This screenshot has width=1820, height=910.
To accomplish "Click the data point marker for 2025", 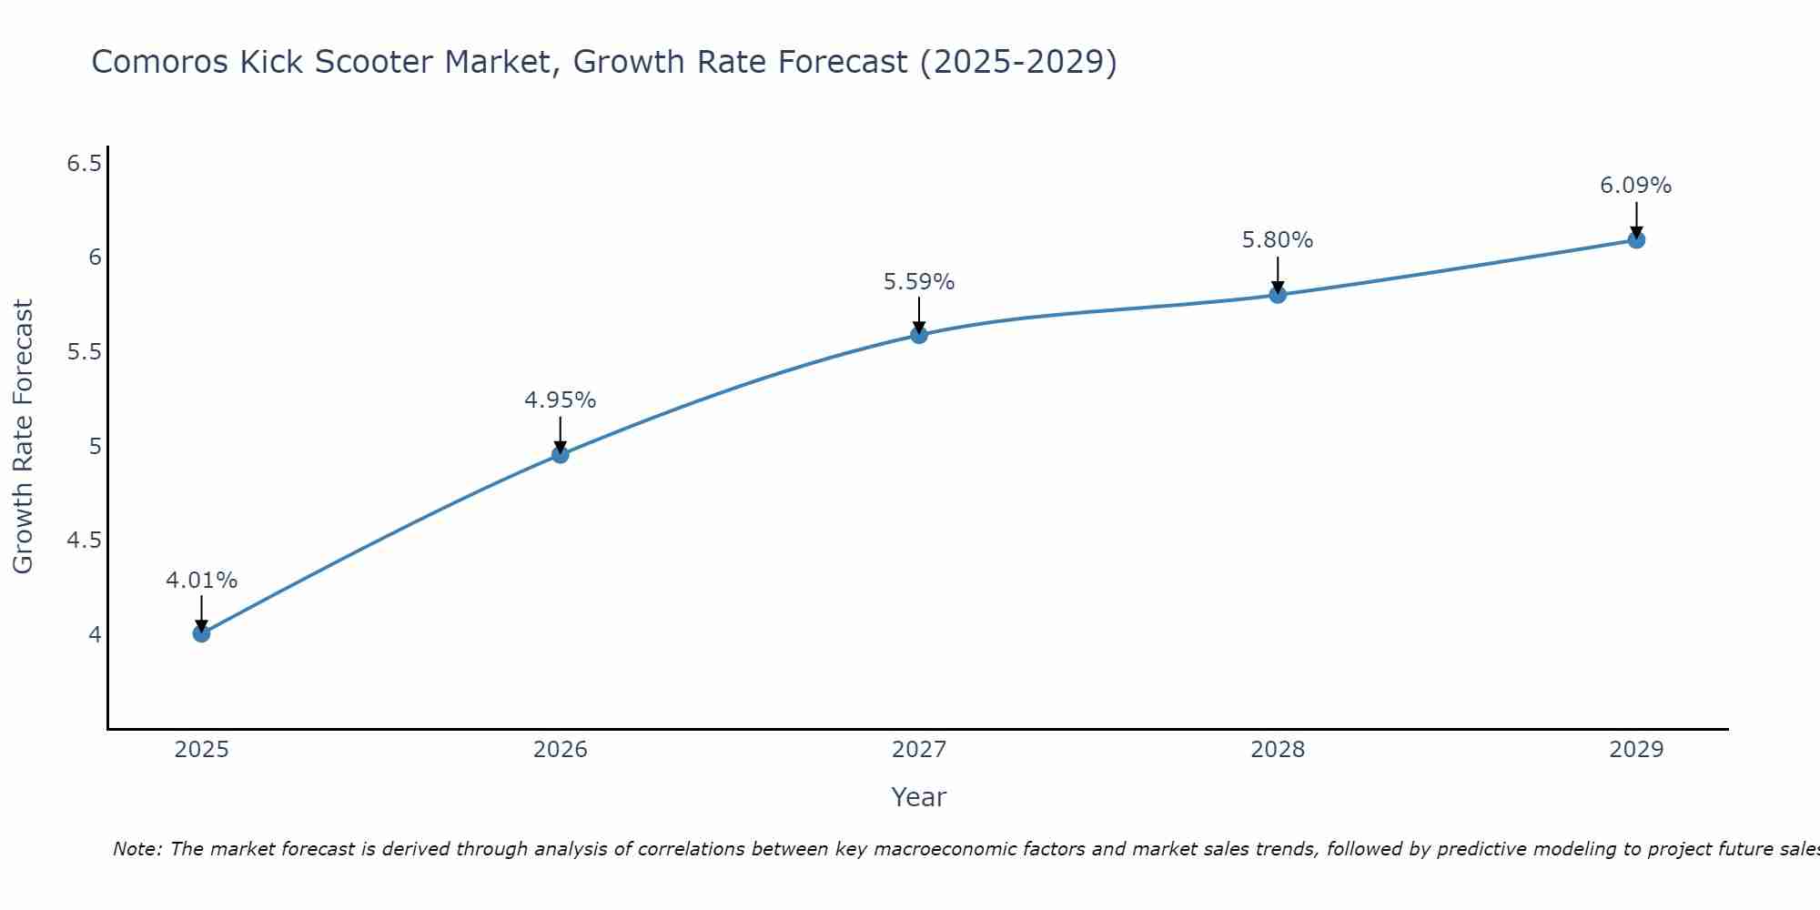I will click(x=202, y=633).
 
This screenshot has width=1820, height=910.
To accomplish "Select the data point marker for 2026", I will click(x=561, y=454).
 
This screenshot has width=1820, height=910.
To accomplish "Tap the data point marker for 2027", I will click(x=919, y=335).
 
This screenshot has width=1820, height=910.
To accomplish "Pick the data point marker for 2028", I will click(x=1278, y=295).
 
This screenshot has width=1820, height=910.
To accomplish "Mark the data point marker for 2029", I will click(x=1636, y=240).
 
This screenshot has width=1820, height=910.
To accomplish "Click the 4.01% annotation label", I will click(x=202, y=581).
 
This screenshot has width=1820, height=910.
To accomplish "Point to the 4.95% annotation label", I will click(x=561, y=400).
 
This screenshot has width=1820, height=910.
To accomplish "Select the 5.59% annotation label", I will click(x=919, y=282).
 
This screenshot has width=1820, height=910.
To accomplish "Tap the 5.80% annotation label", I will click(x=1278, y=240).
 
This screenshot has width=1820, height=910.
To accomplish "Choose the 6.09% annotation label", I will click(x=1636, y=186).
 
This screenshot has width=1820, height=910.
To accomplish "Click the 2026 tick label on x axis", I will click(x=561, y=750).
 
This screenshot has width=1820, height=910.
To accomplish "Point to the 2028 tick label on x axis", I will click(x=1278, y=750).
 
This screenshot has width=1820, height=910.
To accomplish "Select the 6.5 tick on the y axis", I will click(x=84, y=164).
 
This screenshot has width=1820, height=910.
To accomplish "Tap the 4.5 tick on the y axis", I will click(x=84, y=541).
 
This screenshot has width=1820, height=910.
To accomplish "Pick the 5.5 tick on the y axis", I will click(x=84, y=352).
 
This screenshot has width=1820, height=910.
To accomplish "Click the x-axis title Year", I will click(x=919, y=797).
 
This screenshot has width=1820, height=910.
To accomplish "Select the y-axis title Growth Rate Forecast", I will click(x=23, y=437).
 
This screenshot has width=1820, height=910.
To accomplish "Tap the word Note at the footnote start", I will click(x=136, y=849).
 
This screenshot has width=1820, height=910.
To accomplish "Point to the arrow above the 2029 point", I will click(x=1636, y=218).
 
